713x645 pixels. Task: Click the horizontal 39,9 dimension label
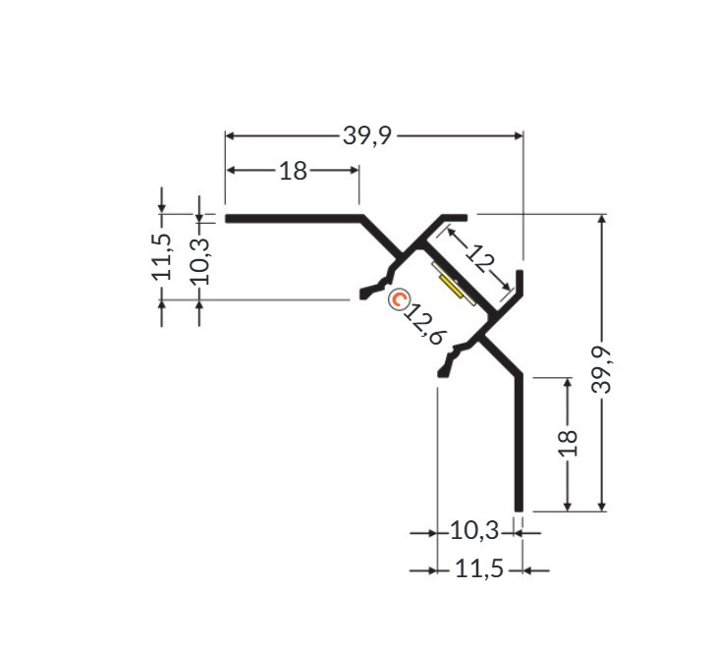367,135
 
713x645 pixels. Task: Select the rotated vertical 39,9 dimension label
602,369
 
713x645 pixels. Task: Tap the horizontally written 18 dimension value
293,171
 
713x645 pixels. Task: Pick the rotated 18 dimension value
568,443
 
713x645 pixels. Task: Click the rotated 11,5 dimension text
162,256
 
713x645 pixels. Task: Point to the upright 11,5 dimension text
479,568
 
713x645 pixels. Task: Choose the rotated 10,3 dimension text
199,260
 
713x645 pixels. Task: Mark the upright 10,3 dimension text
474,531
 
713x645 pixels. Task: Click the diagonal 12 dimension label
480,259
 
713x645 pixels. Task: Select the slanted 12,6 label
424,324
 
